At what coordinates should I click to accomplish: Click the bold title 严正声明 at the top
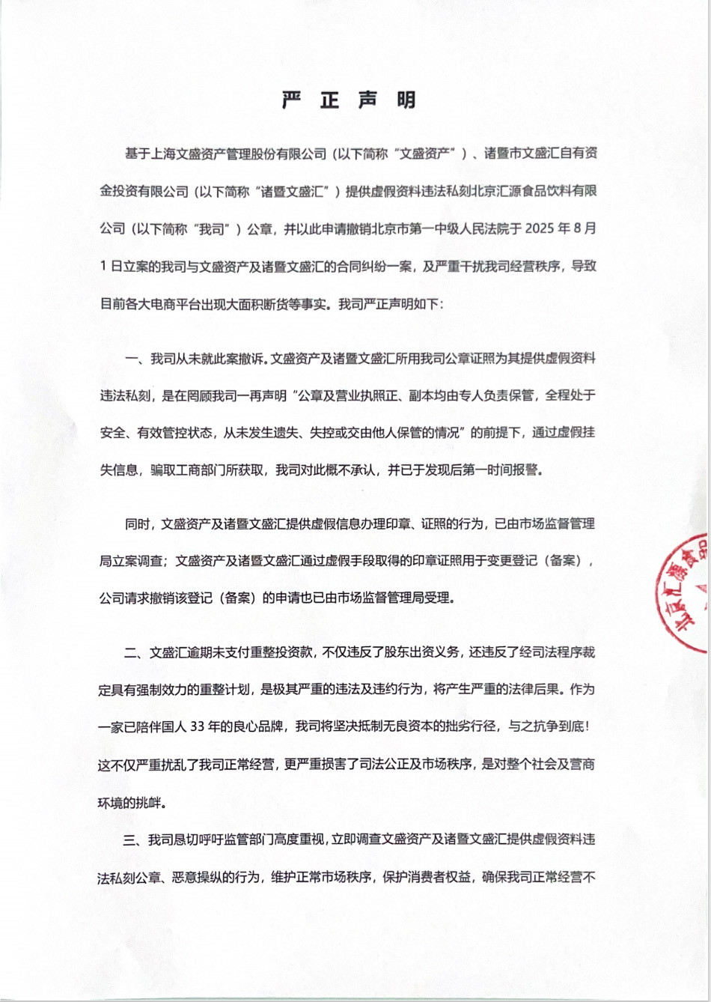click(x=349, y=101)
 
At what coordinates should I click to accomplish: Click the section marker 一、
click(x=137, y=359)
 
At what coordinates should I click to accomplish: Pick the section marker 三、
click(x=137, y=839)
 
